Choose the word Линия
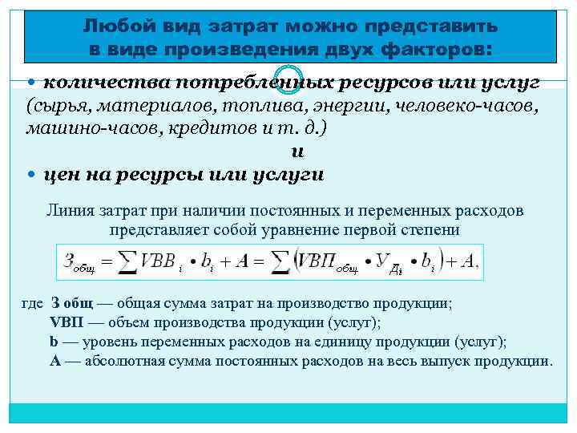pos(72,211)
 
